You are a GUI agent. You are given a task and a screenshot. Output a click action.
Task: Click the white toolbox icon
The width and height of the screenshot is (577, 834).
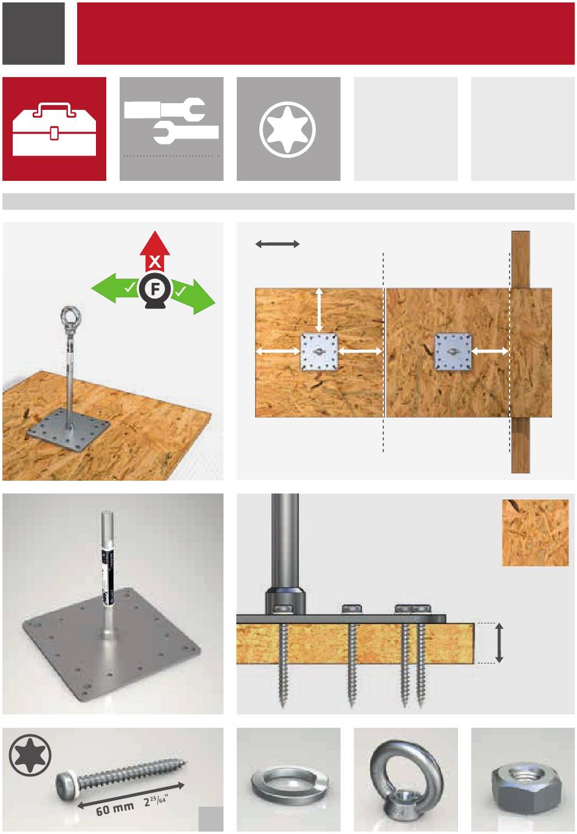point(54,129)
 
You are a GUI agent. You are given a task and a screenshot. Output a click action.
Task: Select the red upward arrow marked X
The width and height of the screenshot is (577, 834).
point(155,251)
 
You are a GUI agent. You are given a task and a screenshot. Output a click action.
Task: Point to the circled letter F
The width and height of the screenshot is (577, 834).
point(155,289)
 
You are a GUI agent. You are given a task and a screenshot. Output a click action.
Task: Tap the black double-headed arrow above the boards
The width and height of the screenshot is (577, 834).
point(278,244)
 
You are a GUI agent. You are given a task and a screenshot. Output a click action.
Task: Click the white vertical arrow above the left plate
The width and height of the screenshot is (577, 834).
point(319,310)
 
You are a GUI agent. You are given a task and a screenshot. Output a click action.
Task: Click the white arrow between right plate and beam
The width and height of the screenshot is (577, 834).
point(490,351)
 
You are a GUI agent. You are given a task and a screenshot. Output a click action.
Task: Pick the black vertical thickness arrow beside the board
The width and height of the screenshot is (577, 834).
point(499,643)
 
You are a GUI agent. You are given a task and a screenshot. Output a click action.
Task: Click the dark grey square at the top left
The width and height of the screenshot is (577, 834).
point(33,33)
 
